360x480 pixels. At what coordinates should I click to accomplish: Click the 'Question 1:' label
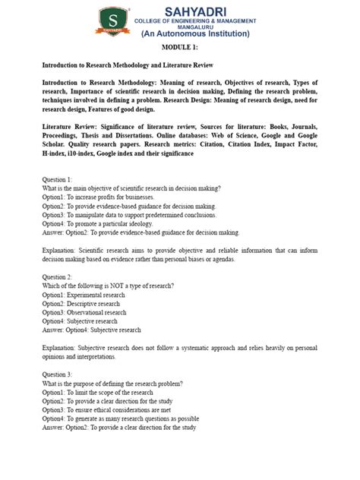pos(58,178)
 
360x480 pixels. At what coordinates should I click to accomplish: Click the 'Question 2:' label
pos(58,276)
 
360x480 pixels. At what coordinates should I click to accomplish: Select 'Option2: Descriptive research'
pos(81,303)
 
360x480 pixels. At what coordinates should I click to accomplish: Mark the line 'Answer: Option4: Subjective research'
pos(91,330)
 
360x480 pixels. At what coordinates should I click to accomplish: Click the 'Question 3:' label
pos(58,374)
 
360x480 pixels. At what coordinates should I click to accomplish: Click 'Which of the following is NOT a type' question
pos(108,286)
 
